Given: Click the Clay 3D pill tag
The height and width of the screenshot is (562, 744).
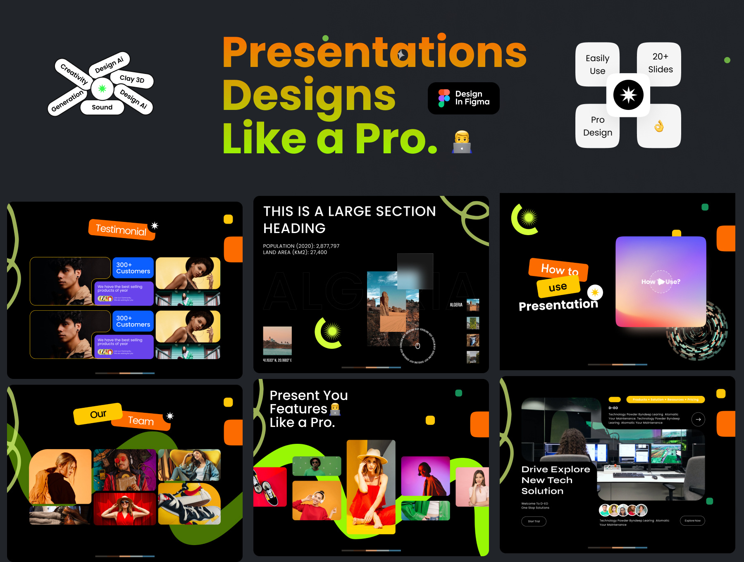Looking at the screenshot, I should point(132,79).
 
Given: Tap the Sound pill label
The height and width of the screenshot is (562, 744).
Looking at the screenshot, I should point(102,107).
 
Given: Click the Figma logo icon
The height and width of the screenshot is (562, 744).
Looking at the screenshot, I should point(444,98).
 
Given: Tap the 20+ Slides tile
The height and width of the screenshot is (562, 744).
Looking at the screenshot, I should point(660,63).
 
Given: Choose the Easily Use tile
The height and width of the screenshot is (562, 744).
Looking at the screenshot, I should point(597,64).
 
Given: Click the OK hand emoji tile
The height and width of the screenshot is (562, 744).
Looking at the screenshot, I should point(659,126).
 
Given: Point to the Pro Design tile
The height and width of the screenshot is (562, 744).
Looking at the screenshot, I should point(597,126).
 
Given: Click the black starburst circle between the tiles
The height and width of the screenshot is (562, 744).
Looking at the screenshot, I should point(628,95).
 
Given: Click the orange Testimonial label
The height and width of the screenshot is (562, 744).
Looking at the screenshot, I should point(121,229).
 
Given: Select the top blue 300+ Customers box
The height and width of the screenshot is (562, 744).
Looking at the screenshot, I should point(133,268).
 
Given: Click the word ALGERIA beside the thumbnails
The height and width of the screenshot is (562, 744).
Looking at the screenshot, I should point(456,305).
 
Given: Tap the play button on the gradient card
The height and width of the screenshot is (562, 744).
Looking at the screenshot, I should point(661,281).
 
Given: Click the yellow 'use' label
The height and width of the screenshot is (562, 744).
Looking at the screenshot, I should point(558,287).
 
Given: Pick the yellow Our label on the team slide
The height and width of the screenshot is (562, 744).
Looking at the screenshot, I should point(98,414).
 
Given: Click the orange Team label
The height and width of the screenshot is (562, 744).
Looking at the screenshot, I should point(141,421).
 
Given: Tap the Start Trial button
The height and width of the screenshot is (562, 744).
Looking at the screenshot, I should point(534,521).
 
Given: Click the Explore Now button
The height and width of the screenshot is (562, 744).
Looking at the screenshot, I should point(692,521).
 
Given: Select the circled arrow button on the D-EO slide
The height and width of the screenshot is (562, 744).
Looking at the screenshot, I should point(698,419).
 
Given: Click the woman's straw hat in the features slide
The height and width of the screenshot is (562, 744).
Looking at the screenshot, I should point(372,455).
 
